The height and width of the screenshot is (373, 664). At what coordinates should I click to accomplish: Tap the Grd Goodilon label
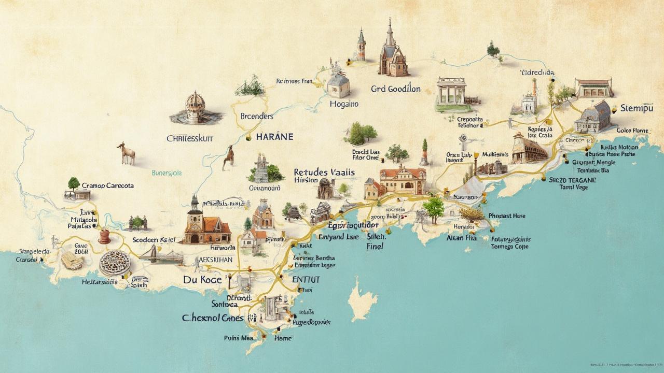coord(395,89)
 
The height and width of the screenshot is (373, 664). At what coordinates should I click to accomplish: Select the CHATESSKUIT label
coord(190,138)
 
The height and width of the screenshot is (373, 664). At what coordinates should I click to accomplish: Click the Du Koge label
coord(202,280)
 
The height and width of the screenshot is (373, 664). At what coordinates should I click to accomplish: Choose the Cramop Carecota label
coord(108,185)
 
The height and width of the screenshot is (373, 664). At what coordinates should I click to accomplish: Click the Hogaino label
coord(344,104)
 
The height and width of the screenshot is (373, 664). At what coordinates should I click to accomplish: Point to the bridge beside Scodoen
coord(161,254)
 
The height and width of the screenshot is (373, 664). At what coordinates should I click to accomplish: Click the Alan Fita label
coord(461,239)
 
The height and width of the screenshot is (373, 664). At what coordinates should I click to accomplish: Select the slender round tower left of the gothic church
coord(361,47)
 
